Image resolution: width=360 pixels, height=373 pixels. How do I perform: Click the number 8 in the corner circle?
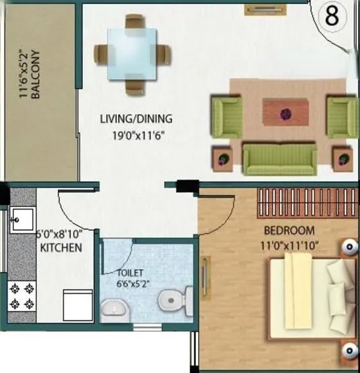332,17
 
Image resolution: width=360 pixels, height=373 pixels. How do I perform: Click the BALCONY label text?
37,75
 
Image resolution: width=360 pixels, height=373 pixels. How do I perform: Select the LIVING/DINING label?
136,119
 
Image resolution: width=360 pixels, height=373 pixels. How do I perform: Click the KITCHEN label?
60,248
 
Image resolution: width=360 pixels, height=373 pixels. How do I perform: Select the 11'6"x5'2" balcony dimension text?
24,75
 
